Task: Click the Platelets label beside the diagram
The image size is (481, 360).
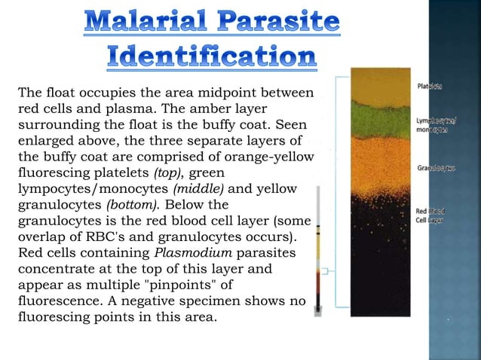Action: pyautogui.click(x=430, y=87)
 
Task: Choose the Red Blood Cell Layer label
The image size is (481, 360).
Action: pyautogui.click(x=431, y=215)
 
